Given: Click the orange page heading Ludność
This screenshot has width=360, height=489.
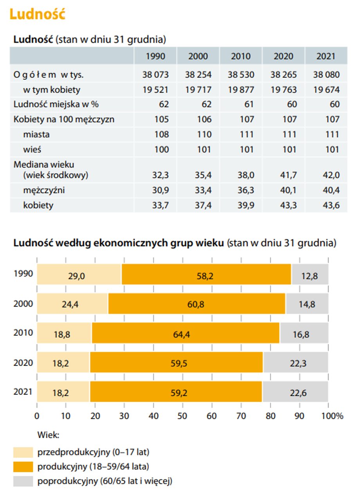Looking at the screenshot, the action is click(x=37, y=14).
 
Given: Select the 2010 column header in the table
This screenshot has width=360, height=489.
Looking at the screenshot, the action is click(x=241, y=56).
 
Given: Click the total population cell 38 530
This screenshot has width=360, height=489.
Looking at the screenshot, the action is click(x=241, y=75).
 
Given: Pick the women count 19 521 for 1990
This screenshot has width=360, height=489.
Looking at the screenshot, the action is click(x=155, y=90).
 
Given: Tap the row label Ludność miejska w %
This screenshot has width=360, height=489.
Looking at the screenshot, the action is click(x=56, y=104).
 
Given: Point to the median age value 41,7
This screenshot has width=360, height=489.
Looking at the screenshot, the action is click(x=288, y=175).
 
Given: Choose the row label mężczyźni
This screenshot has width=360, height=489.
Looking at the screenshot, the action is click(x=44, y=190).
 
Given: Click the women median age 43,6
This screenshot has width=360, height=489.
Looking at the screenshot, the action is click(x=331, y=205).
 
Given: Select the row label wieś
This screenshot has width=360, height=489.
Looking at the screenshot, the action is click(x=32, y=149).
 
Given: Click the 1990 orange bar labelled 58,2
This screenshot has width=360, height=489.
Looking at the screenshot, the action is click(x=206, y=274).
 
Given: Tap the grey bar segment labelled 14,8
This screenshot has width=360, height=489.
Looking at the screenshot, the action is click(x=307, y=304).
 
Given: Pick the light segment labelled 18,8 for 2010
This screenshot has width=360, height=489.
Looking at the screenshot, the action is click(x=64, y=333).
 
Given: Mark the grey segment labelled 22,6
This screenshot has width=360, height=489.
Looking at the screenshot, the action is click(x=295, y=392).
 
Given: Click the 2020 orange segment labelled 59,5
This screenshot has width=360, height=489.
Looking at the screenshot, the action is click(x=176, y=362).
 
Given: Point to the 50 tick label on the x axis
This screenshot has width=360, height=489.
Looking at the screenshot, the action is click(x=182, y=416).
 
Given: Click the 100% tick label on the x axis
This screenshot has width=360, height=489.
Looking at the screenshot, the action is click(x=332, y=416).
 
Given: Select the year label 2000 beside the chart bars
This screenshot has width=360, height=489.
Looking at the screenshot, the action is click(x=23, y=304).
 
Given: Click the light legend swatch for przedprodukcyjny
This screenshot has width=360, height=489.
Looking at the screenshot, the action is click(x=23, y=452).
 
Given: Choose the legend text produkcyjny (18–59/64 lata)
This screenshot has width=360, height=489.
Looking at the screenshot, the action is click(x=93, y=467).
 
